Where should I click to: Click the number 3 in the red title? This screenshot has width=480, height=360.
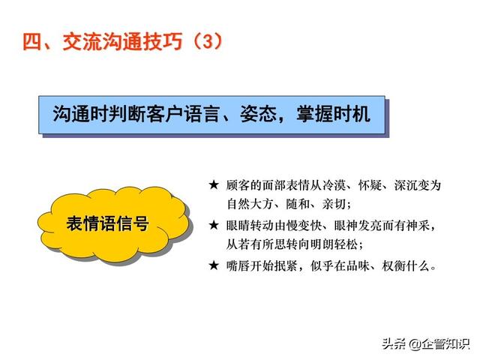(x=207, y=41)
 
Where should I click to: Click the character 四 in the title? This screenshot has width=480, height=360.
(x=32, y=41)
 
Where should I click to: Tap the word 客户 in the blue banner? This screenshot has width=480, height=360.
(x=165, y=114)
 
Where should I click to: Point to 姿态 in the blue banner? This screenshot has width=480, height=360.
(x=258, y=114)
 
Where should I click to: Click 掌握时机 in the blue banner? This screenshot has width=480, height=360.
(x=333, y=114)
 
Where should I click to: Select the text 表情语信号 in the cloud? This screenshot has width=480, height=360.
(x=108, y=223)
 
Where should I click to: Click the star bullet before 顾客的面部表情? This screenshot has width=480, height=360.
(x=214, y=185)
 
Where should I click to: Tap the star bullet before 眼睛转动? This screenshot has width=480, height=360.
(x=214, y=225)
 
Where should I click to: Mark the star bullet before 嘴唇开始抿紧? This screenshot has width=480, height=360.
(x=214, y=265)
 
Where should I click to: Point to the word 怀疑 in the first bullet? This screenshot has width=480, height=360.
(x=370, y=185)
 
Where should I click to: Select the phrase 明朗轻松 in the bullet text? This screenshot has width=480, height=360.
(x=334, y=244)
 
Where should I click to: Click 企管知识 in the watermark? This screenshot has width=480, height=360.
(x=445, y=343)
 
